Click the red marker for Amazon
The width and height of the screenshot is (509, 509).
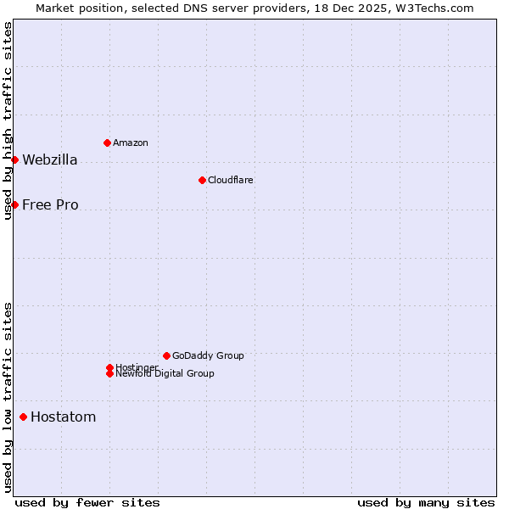click(x=107, y=143)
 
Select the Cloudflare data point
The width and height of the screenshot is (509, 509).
click(x=202, y=180)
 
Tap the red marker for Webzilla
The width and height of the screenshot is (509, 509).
click(x=14, y=159)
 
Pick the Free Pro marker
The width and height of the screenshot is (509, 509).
click(x=14, y=204)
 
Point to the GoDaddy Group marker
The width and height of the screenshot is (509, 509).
click(x=166, y=355)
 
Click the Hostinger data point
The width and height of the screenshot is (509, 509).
click(x=109, y=367)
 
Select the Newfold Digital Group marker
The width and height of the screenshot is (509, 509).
click(x=109, y=374)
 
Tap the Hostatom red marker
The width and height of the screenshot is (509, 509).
click(x=23, y=417)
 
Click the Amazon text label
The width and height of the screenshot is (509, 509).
click(x=131, y=143)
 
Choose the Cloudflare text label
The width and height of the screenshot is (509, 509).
click(x=231, y=180)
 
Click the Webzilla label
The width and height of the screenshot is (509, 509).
click(x=50, y=160)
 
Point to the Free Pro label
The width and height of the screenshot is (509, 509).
click(x=50, y=205)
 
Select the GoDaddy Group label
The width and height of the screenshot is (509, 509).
click(x=208, y=355)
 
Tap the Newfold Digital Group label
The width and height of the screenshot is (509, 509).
click(x=165, y=374)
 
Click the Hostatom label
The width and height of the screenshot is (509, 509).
click(x=63, y=417)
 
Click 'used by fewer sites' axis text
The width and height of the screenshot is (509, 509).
click(x=87, y=502)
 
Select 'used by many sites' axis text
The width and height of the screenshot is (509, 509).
click(x=426, y=502)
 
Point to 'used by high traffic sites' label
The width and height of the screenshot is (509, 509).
click(x=8, y=120)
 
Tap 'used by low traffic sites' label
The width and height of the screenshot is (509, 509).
click(x=8, y=397)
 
